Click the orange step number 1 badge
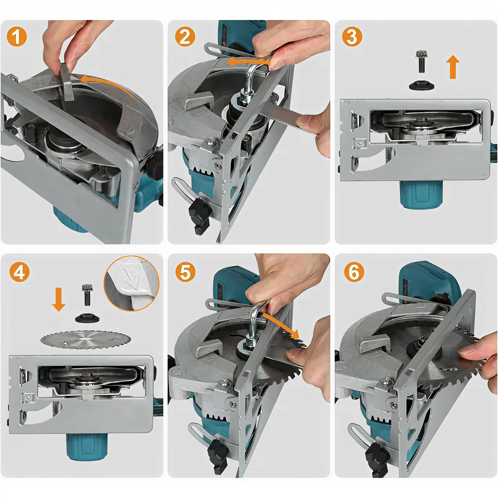coord(17,36)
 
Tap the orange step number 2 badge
coord(185,36)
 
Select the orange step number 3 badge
coord(352,36)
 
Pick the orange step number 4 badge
coord(19,272)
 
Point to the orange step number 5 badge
coord(185,272)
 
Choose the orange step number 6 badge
coord(354,272)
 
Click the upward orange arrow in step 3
coord(453,67)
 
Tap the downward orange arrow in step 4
coord(59,299)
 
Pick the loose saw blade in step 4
coord(86,339)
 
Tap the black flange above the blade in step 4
coord(87,318)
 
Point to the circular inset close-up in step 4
coord(131,284)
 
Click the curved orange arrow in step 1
coord(108,85)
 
